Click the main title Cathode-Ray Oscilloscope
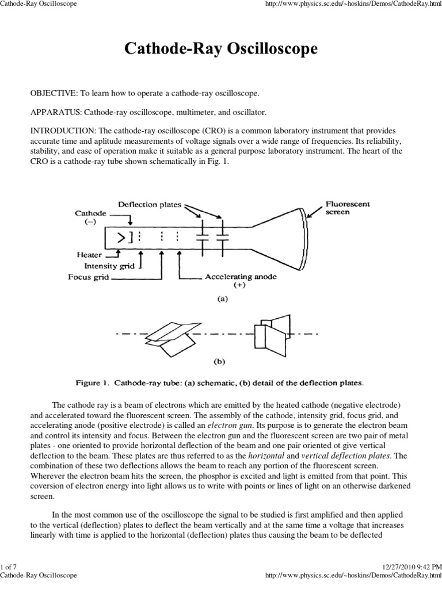click(x=221, y=50)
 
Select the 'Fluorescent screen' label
click(x=348, y=208)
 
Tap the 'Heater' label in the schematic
click(x=89, y=255)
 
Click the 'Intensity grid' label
click(x=109, y=266)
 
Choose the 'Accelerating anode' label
click(x=241, y=277)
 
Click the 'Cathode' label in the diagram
click(x=90, y=213)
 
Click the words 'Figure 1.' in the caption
click(x=94, y=382)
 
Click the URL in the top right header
click(x=353, y=4)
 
